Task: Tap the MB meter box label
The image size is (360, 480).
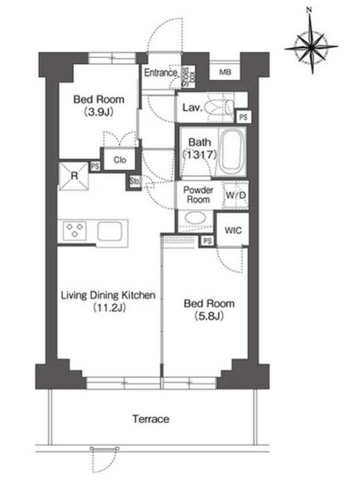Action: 225,73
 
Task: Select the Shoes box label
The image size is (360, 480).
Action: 188,77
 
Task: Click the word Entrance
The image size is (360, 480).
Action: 161,73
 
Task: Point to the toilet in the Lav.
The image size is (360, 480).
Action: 219,108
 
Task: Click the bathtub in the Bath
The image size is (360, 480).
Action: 232,151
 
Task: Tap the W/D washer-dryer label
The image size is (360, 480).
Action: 236,195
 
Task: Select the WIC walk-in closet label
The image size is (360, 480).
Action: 233,230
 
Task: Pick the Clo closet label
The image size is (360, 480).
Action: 120,160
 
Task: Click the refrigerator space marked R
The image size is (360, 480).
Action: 74,176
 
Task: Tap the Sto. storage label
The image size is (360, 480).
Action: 134,181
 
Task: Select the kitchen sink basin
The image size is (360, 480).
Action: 110,231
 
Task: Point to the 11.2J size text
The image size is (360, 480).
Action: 110,308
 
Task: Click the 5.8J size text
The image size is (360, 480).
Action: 209,316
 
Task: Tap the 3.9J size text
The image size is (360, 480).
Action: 98,112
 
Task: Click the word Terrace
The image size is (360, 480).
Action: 151,418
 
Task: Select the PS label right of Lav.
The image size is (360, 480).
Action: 243,117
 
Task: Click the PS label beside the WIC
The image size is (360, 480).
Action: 207,241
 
